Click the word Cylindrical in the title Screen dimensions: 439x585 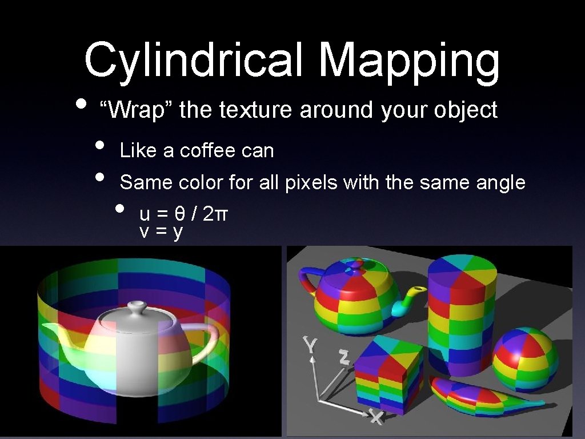click(193, 59)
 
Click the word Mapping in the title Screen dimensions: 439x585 click(409, 59)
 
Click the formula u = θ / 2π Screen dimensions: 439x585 click(184, 214)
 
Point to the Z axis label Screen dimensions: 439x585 click(343, 357)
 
